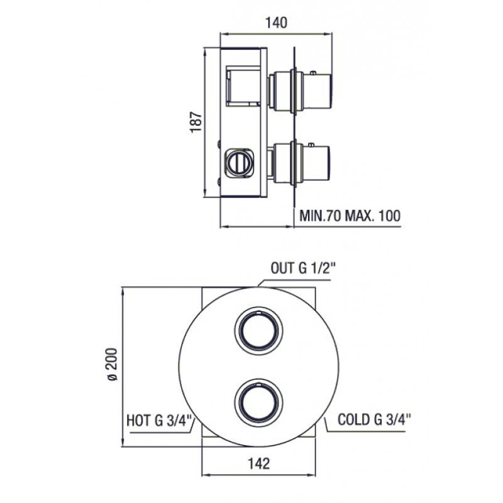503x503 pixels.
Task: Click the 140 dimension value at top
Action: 276,23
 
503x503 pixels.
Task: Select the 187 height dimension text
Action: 196,121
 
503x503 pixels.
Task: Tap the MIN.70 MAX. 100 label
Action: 350,216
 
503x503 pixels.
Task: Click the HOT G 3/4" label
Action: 159,421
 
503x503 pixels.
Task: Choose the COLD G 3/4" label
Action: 374,419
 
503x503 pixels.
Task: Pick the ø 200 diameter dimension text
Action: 113,364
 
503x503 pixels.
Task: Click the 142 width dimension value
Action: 259,463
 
